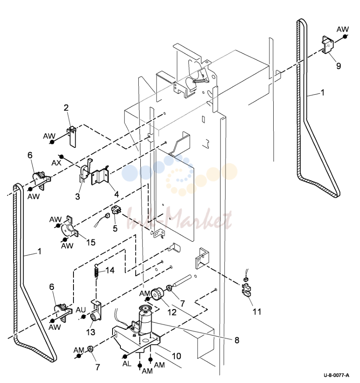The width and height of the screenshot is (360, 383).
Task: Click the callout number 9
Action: tap(338, 66)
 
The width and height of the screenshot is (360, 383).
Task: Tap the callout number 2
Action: tap(66, 108)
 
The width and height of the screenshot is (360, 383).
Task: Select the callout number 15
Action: tap(91, 242)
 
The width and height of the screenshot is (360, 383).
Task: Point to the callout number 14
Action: tap(110, 270)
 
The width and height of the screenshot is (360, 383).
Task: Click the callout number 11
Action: tap(257, 312)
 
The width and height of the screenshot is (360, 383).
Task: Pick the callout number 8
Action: tap(237, 340)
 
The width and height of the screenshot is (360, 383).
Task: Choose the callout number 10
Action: tap(176, 356)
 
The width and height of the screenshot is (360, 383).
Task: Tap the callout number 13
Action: tap(91, 332)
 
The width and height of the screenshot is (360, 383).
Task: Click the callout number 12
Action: tap(172, 312)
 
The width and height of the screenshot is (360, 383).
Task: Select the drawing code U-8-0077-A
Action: tap(336, 375)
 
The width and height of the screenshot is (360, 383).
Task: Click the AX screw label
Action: tap(56, 163)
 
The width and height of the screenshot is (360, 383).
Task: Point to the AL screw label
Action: tap(127, 364)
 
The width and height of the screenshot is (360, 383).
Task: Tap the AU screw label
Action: tap(81, 310)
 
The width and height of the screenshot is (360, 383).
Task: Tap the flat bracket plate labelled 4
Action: tap(100, 175)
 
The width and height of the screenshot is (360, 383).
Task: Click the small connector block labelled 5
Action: tap(116, 210)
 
